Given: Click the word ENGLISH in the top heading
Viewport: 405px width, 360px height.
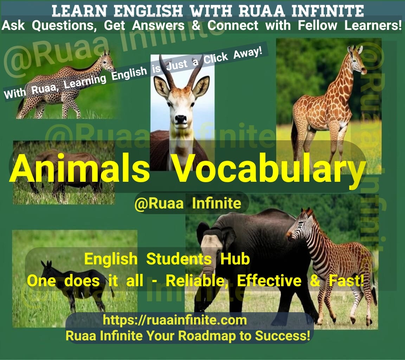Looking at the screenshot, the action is pyautogui.click(x=148, y=11).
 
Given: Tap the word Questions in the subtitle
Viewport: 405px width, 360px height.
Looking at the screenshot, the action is pyautogui.click(x=64, y=26).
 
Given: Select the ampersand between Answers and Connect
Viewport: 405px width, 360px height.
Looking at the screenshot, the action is pyautogui.click(x=196, y=25).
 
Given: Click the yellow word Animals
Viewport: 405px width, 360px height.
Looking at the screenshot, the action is pyautogui.click(x=79, y=169).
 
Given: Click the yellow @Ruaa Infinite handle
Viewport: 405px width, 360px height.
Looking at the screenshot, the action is pyautogui.click(x=188, y=204).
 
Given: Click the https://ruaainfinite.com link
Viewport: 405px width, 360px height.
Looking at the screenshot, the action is pyautogui.click(x=175, y=320).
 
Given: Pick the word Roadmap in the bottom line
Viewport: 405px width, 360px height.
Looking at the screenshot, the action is pyautogui.click(x=207, y=336).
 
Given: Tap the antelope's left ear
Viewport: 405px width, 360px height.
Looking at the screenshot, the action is pyautogui.click(x=161, y=86).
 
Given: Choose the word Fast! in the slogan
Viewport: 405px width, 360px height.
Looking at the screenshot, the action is pyautogui.click(x=346, y=281).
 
